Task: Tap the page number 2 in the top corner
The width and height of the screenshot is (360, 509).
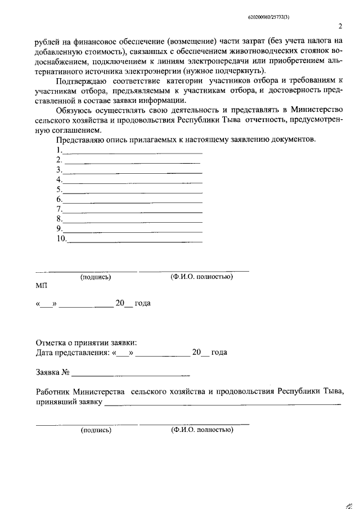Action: (340, 26)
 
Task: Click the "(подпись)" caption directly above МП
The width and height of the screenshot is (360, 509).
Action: (96, 277)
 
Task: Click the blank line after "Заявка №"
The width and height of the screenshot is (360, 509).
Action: (130, 373)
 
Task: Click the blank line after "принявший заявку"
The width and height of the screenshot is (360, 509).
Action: (222, 403)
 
